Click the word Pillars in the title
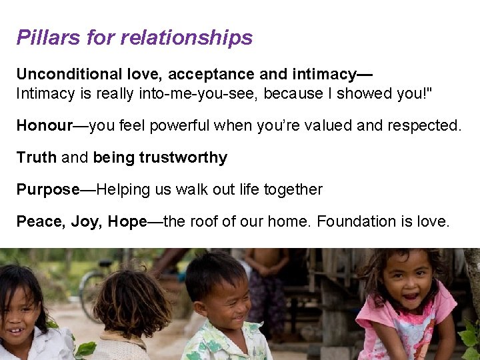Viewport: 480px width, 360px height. [49, 37]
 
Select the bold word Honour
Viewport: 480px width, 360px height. [44, 125]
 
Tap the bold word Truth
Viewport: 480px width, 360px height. [37, 157]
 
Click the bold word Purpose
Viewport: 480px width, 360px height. [48, 189]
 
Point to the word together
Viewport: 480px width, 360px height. [293, 189]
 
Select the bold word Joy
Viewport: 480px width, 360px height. [84, 221]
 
